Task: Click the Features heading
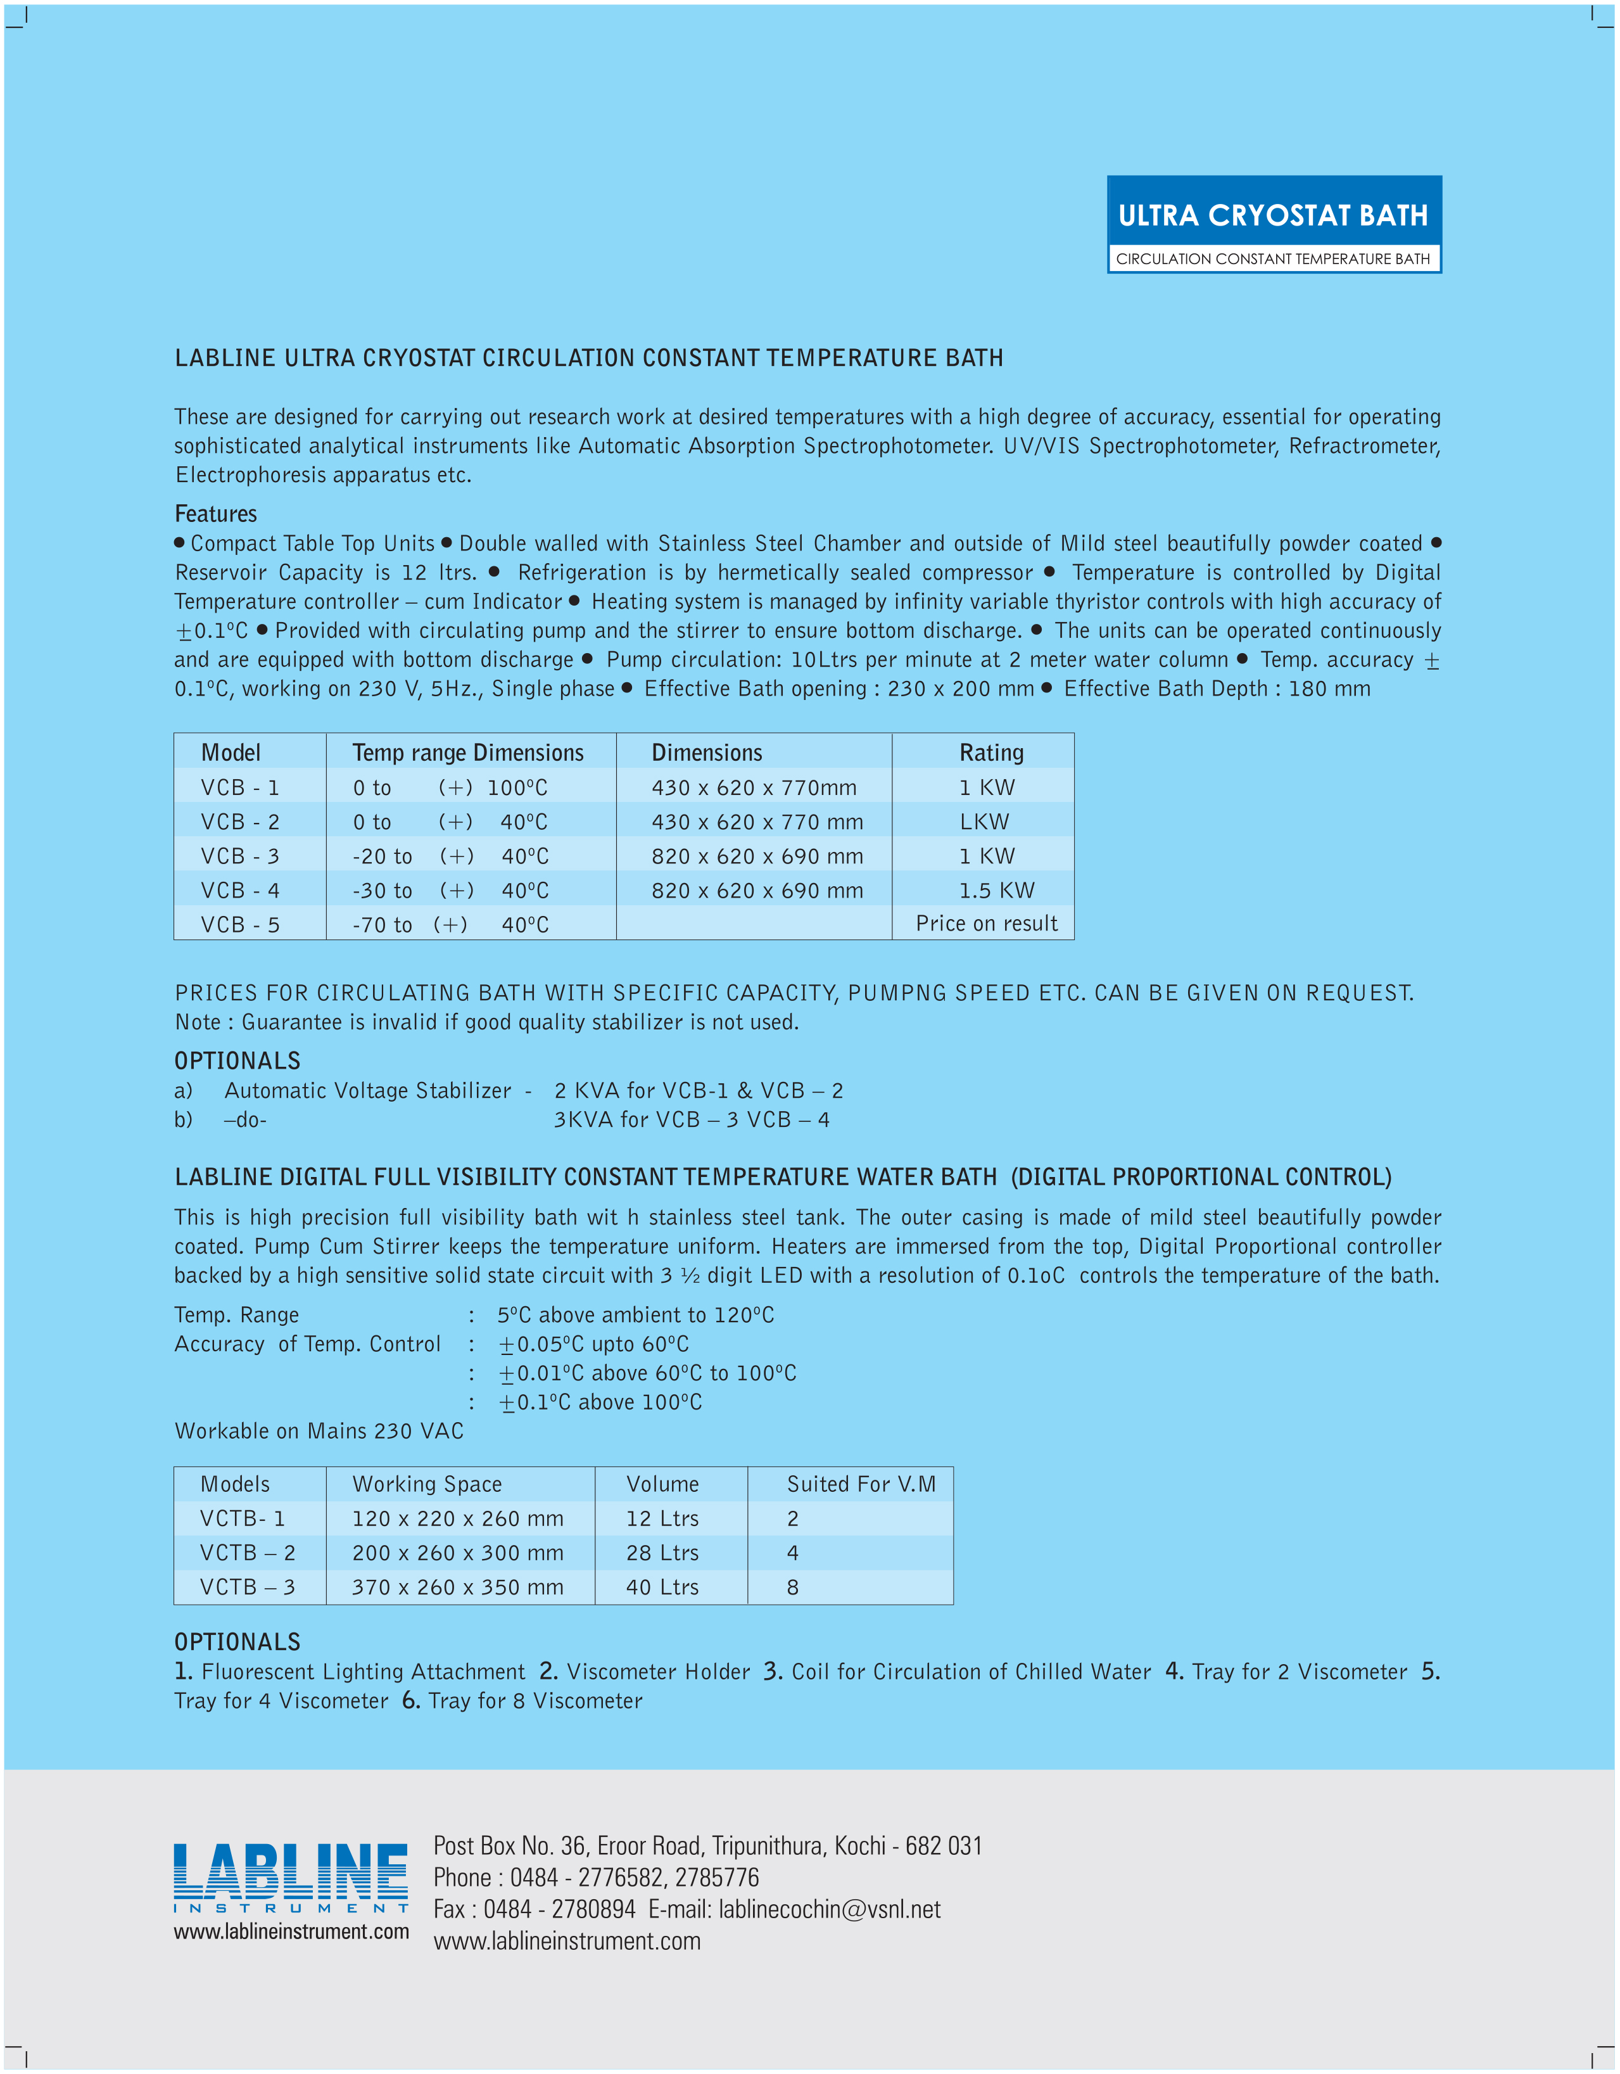point(215,514)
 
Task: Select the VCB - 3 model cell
point(240,856)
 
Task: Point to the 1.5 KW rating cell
point(996,890)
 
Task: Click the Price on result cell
point(987,923)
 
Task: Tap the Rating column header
point(991,752)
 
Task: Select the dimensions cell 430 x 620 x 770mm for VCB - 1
point(754,787)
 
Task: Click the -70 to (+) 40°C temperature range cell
point(450,924)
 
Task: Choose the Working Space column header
point(426,1484)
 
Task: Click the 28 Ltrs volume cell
point(662,1552)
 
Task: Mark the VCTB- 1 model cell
point(242,1518)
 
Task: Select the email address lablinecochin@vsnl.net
point(829,1909)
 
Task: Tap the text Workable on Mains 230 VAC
point(319,1430)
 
